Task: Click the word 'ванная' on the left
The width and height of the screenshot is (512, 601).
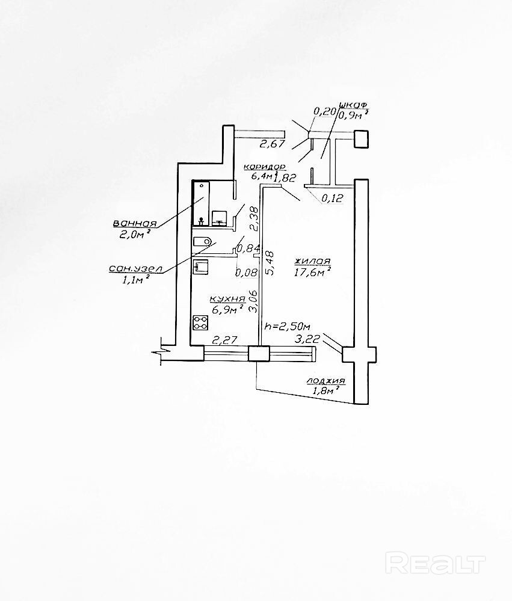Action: [135, 224]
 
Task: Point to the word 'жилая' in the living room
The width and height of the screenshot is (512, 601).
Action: [312, 261]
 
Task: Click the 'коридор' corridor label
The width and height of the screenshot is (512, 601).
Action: [264, 167]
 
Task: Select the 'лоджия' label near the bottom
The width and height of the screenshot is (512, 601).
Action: [325, 381]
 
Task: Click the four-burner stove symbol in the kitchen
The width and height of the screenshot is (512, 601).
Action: [199, 322]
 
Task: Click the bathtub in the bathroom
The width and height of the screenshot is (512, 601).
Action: [200, 203]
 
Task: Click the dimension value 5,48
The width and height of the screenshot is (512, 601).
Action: [270, 264]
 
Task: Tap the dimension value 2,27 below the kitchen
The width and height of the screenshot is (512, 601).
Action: [223, 341]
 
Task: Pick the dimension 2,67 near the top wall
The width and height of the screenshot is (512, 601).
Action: [271, 144]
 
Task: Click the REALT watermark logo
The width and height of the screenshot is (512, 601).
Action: [435, 563]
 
